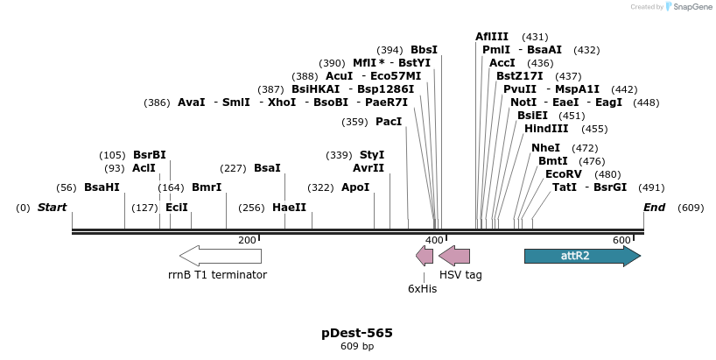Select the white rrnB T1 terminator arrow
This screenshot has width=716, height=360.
tap(221, 256)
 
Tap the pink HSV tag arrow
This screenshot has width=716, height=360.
tap(454, 256)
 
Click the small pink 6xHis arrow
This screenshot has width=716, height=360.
tap(425, 256)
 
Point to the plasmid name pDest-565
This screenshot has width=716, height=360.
tap(357, 333)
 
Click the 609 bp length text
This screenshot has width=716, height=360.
tap(357, 347)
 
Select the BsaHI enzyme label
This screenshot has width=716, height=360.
tap(102, 187)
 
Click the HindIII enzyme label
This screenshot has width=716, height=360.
tap(546, 129)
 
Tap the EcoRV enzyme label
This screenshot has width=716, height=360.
tap(563, 174)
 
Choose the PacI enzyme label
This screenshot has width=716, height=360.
tap(389, 122)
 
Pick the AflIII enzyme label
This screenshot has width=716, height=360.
tap(492, 37)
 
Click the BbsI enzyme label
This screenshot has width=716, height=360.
tap(424, 50)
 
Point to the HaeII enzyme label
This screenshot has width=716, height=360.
tap(289, 208)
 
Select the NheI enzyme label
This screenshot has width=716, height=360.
tap(545, 148)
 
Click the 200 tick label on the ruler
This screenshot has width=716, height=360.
tap(247, 240)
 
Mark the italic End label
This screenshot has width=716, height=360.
tap(654, 208)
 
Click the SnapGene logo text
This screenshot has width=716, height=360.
tap(687, 7)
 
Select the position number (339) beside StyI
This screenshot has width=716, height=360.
tap(339, 155)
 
